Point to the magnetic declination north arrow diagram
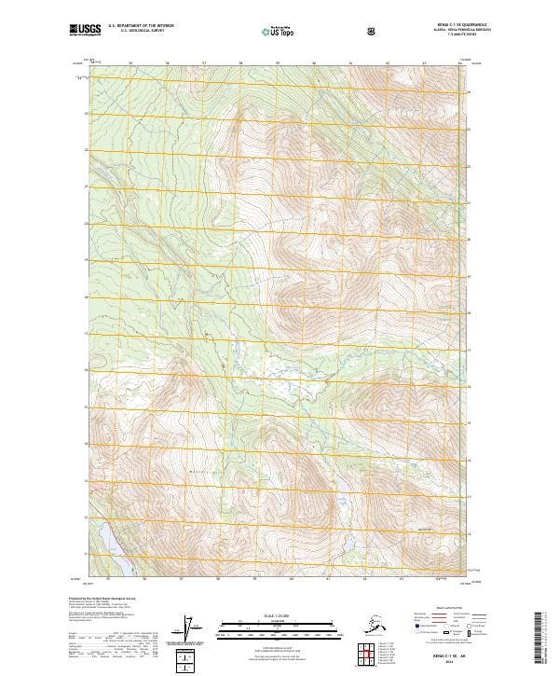click(193, 629)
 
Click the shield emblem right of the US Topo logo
click(372, 31)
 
